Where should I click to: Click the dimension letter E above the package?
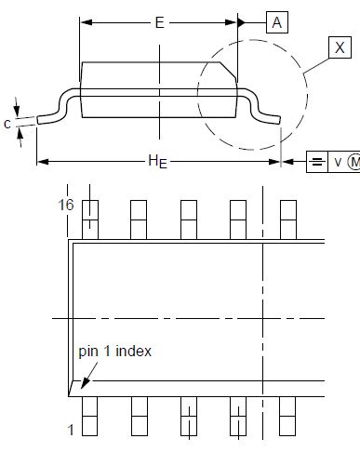click(159, 24)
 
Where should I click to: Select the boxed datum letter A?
click(277, 24)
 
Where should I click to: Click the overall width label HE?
click(157, 161)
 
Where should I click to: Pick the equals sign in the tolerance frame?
click(317, 162)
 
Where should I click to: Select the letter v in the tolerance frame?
click(339, 162)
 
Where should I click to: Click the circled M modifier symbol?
click(354, 162)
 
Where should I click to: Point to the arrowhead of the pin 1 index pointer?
click(83, 384)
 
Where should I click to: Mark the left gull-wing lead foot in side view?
click(48, 117)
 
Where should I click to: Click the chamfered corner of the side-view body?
click(229, 68)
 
